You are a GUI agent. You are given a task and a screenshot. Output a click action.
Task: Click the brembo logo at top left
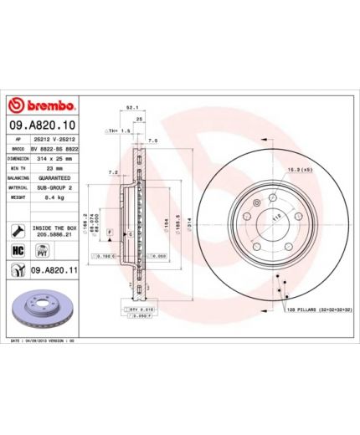point(42,106)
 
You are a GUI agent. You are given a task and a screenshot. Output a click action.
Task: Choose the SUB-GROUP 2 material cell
point(54,188)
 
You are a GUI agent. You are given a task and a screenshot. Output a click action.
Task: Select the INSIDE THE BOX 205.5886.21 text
point(55,230)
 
